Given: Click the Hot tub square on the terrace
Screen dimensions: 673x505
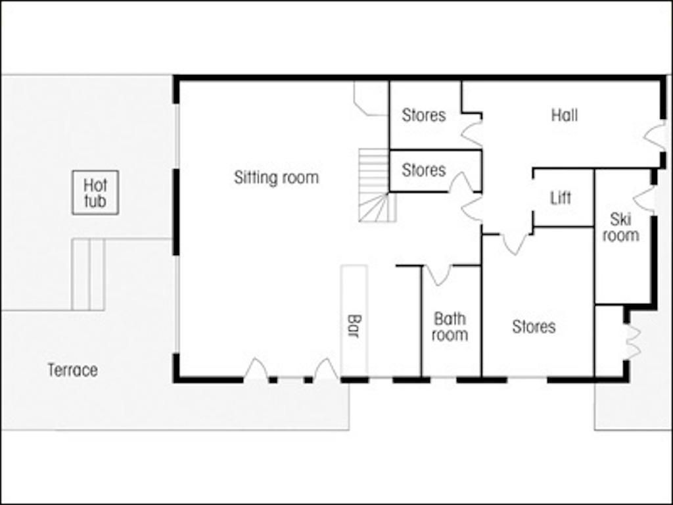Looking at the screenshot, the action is click(95, 193).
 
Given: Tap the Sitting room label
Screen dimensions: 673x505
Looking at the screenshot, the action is click(277, 178).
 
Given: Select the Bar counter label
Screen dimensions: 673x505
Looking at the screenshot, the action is click(354, 326).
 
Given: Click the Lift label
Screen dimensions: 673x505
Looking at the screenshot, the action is click(561, 198).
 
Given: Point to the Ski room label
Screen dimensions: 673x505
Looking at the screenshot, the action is click(620, 228).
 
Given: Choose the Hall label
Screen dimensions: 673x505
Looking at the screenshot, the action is click(565, 115).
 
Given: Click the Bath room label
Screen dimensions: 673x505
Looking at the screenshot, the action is click(450, 327).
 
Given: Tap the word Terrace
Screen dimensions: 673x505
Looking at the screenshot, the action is click(72, 370).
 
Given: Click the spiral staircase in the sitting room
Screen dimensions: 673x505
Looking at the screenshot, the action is click(377, 185).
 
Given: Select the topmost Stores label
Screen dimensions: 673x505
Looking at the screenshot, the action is click(424, 115).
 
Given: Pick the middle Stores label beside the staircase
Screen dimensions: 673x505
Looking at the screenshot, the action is click(424, 170).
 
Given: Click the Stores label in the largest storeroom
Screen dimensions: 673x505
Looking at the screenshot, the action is click(534, 327).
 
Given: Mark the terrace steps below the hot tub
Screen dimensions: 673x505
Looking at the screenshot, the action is click(89, 274).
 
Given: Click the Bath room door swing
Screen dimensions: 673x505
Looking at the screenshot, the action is click(438, 275).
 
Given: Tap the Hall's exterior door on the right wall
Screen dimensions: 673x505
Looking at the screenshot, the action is click(654, 137).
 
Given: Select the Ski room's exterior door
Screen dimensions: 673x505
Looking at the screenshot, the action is click(644, 199).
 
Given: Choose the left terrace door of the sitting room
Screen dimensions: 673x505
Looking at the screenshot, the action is click(256, 368).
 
